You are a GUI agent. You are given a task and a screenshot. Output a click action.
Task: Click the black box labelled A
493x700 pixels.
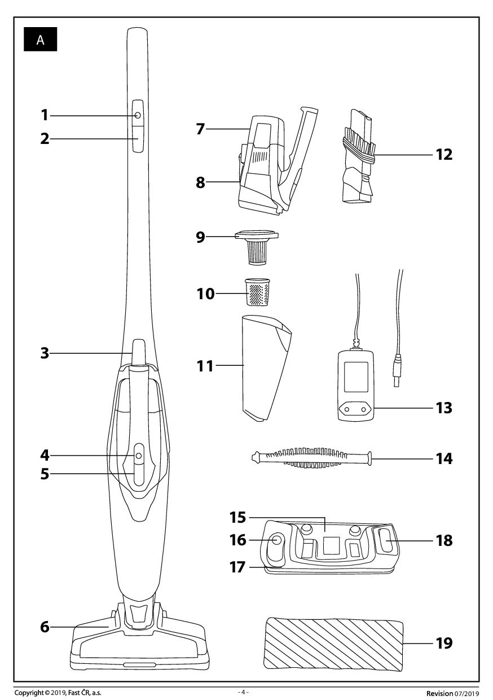point(40,40)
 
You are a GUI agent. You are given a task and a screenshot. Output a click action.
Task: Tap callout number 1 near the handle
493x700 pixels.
point(44,115)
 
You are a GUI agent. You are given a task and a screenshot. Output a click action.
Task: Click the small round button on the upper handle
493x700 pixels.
point(138,115)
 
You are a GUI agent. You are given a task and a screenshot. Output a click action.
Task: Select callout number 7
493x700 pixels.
point(200,129)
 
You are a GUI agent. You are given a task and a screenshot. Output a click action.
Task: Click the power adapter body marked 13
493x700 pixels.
point(355,385)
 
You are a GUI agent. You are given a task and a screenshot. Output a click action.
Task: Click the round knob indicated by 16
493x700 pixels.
point(277,540)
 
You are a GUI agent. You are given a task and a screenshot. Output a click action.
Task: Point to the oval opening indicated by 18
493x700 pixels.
point(388,541)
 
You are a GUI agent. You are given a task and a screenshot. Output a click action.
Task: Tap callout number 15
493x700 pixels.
point(237,517)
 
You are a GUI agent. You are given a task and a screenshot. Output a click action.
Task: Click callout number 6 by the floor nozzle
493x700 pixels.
point(44,627)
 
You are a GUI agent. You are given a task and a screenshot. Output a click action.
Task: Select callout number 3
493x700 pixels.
point(44,354)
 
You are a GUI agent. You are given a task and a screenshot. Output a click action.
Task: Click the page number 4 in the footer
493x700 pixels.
point(243,692)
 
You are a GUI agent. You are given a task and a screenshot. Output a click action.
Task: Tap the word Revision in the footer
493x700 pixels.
point(439,693)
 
